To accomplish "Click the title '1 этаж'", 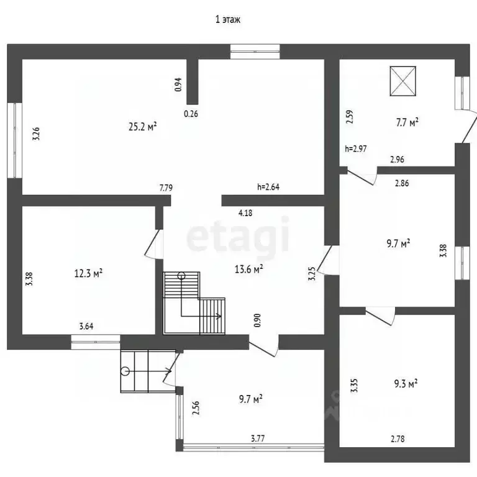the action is point(228,20).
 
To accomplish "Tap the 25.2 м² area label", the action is point(143,126).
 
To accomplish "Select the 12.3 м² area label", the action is point(89,273).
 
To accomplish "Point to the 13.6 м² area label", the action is point(249,269).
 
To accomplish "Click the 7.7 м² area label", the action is point(407,122).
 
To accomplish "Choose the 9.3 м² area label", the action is point(406,383).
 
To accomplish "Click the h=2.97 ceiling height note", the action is point(356,149).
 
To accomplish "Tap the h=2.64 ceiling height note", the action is point(268,187).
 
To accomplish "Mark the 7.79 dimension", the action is point(166,188).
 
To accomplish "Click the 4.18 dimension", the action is point(245,213).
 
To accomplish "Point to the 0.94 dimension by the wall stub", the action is point(178,84).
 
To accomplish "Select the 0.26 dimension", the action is point(191,114).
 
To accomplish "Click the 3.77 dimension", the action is point(258,438).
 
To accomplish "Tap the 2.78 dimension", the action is point(397,439).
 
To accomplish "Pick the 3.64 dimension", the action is point(86,327).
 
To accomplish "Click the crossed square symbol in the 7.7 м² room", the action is point(402,81).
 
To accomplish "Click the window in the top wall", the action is point(255,52).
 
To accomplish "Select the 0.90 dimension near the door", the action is point(257,320).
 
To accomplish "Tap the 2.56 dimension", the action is point(196,408).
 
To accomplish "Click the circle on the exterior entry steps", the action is point(125,371).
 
